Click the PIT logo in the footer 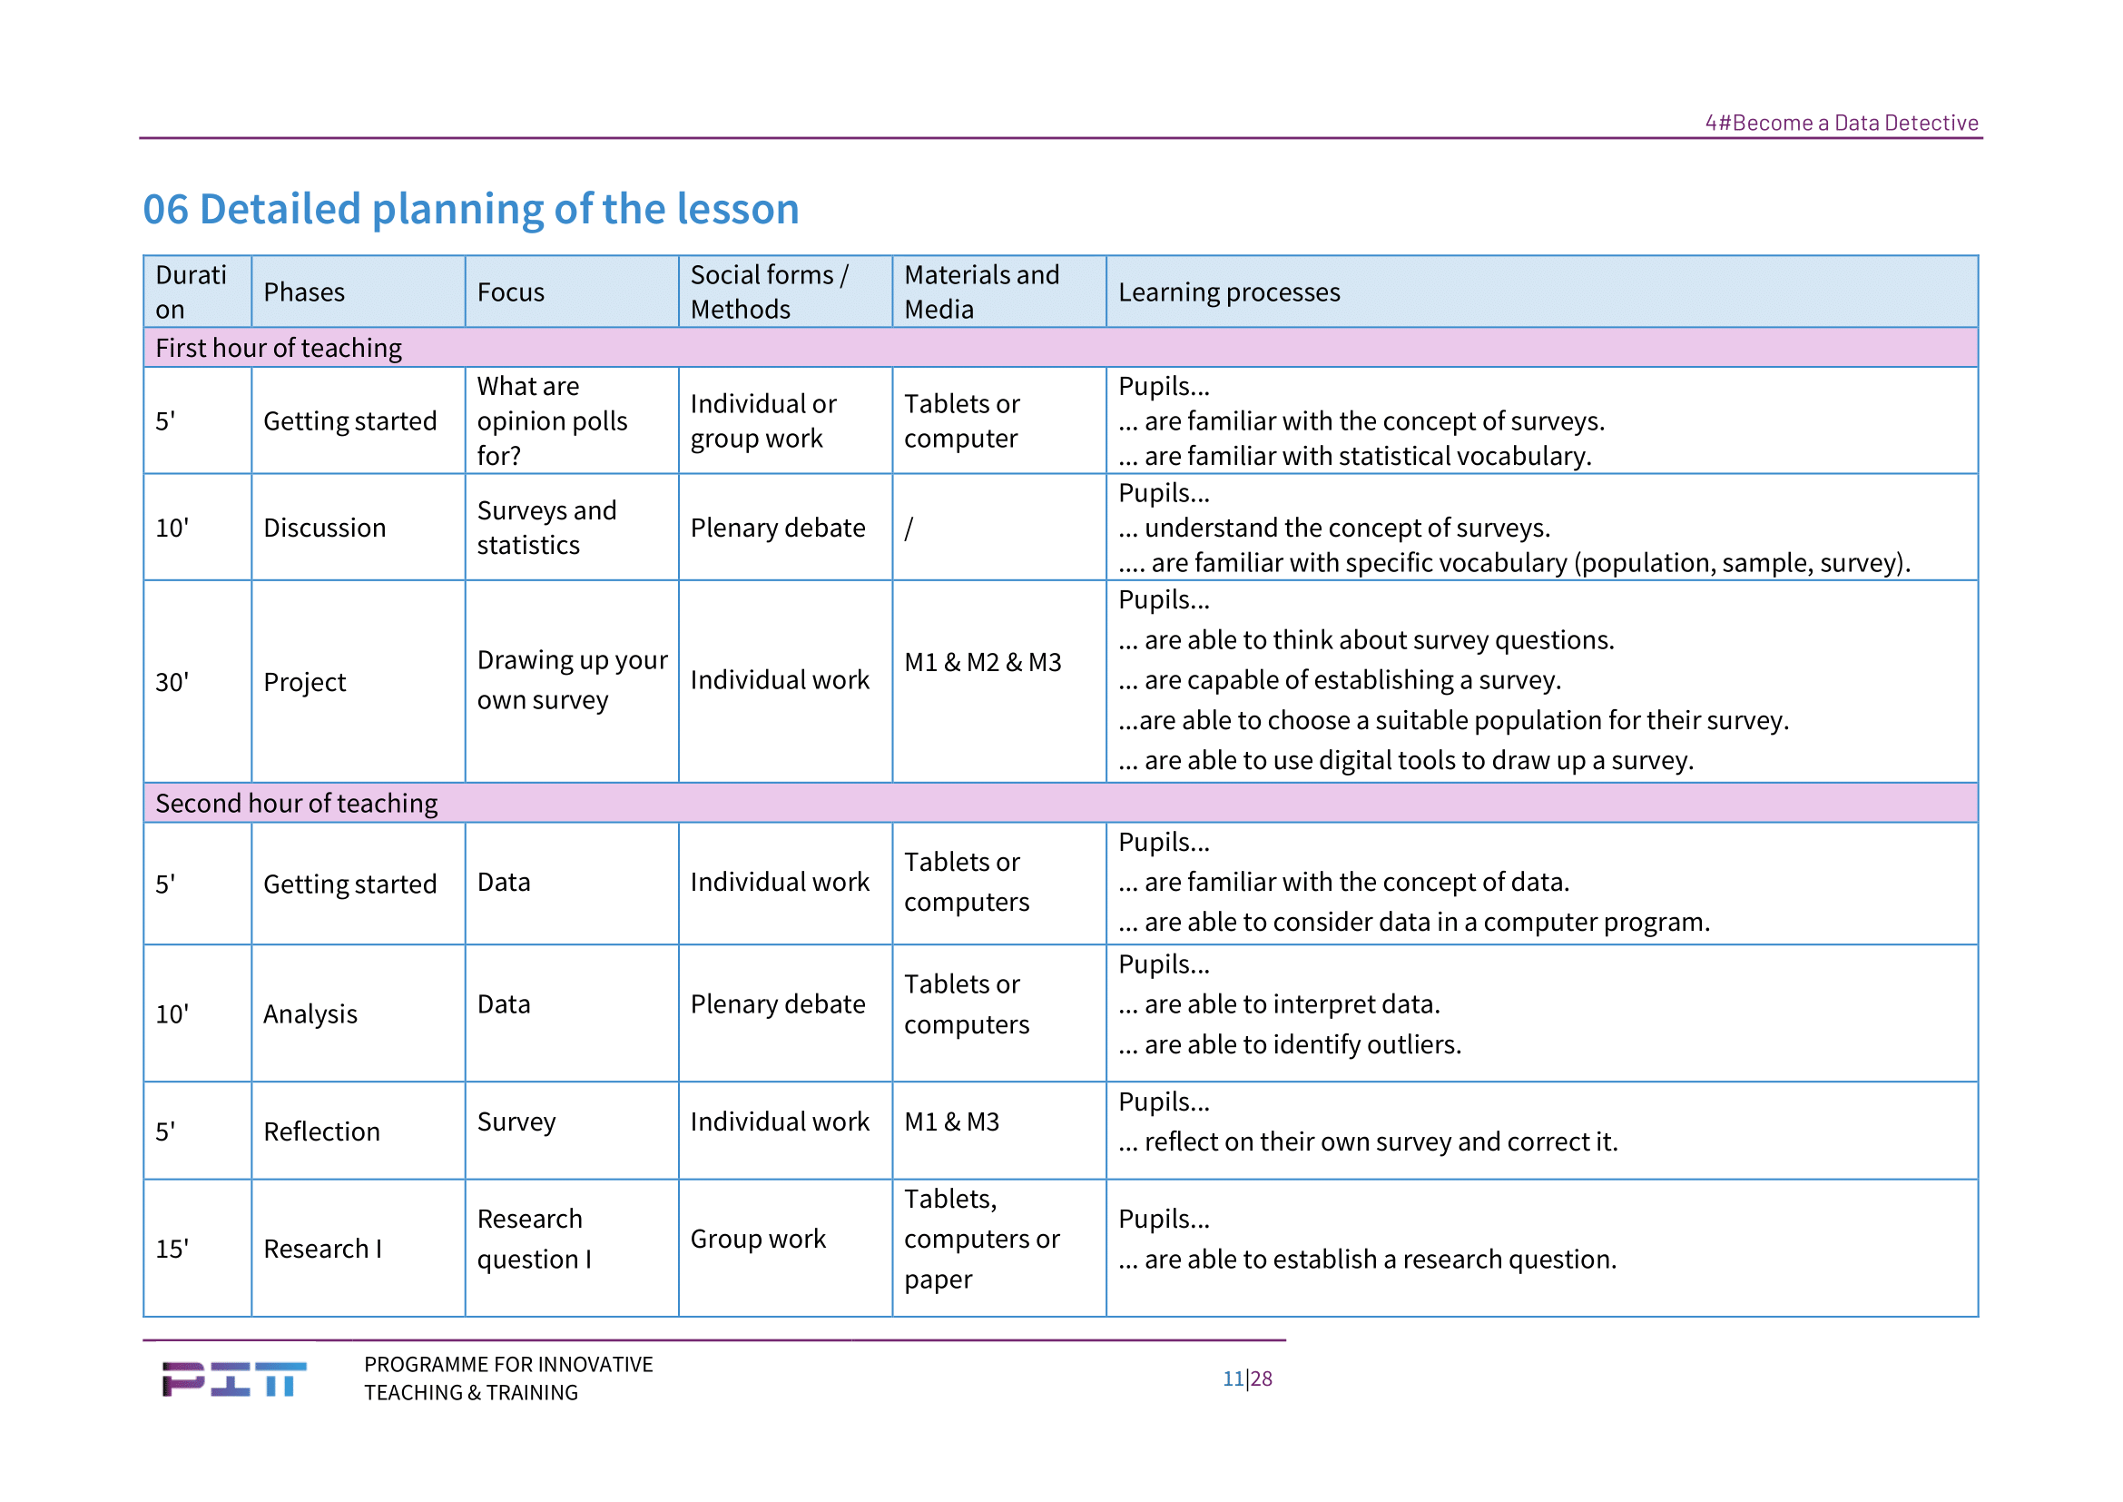point(234,1379)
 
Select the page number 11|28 point(1247,1379)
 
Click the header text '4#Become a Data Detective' point(1841,123)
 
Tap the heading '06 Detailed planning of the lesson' point(471,209)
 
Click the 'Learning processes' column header point(1229,292)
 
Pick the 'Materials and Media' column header point(982,292)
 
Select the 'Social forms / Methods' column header point(770,292)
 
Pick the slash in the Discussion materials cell point(909,529)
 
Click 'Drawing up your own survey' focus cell point(573,681)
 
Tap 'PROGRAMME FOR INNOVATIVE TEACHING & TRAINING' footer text point(508,1379)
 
